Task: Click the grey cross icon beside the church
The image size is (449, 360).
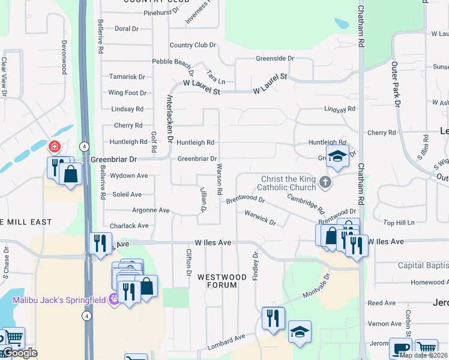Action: pos(325,182)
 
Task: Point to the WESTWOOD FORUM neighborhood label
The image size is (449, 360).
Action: pos(222,281)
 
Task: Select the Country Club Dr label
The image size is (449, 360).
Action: pos(193,45)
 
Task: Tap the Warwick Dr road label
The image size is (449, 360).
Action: pos(260,217)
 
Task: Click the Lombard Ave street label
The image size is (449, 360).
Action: pos(226,342)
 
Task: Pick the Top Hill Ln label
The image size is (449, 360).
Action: pos(399,223)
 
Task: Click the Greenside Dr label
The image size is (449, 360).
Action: pos(275,59)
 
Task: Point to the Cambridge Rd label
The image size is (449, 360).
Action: pos(306,203)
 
